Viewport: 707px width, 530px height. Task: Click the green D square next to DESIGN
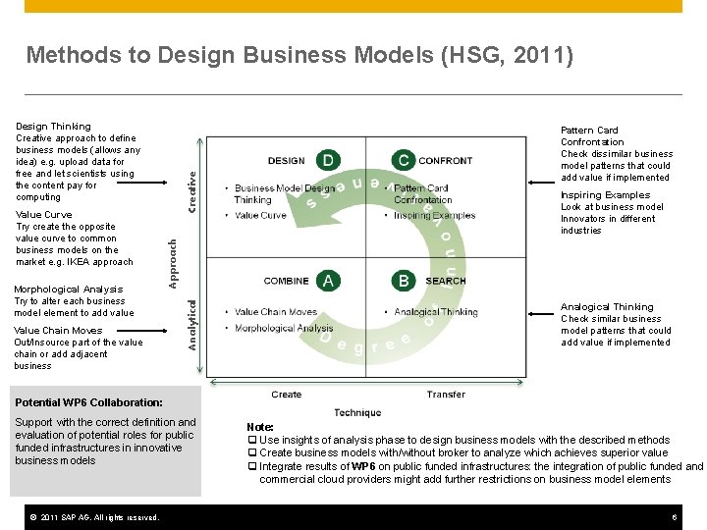[x=327, y=160]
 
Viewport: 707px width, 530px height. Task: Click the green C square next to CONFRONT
[x=403, y=160]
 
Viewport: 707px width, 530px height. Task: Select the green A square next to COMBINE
[x=327, y=281]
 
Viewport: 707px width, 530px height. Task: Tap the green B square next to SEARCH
[x=404, y=281]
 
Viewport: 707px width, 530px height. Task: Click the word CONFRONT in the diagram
[x=446, y=161]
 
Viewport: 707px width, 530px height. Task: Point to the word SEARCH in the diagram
[x=446, y=281]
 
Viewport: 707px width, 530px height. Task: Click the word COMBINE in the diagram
[x=286, y=281]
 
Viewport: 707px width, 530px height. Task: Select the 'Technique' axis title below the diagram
[x=357, y=413]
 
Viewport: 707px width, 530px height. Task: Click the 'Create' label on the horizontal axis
[x=287, y=395]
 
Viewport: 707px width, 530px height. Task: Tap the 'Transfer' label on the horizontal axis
[x=446, y=395]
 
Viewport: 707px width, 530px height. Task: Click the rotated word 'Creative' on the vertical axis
[x=193, y=189]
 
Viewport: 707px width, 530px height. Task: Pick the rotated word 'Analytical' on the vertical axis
[x=193, y=324]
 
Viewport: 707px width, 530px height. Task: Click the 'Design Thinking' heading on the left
[x=53, y=127]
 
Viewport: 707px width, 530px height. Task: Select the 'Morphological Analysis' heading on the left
[x=69, y=290]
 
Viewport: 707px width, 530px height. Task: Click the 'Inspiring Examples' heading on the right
[x=605, y=195]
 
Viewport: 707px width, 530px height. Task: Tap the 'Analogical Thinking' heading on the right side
[x=607, y=307]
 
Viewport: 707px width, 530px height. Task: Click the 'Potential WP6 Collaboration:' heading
[x=88, y=402]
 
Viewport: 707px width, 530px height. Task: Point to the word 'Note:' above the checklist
[x=260, y=427]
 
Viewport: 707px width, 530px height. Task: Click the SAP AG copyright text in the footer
[x=93, y=517]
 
